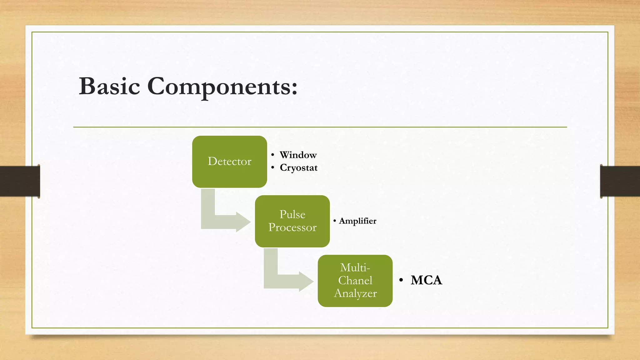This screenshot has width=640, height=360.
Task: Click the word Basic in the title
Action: pyautogui.click(x=109, y=86)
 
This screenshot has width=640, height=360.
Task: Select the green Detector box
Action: pyautogui.click(x=229, y=162)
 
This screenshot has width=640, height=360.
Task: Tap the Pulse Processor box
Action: pyautogui.click(x=292, y=221)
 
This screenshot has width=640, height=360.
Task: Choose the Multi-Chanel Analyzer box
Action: pyautogui.click(x=355, y=281)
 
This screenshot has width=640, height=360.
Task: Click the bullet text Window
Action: pyautogui.click(x=298, y=155)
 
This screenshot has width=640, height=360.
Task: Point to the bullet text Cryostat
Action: pyautogui.click(x=298, y=168)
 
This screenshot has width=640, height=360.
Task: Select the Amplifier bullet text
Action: pyautogui.click(x=357, y=221)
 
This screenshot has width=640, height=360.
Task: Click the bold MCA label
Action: pyautogui.click(x=426, y=280)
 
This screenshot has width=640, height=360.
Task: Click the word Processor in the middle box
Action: pyautogui.click(x=292, y=227)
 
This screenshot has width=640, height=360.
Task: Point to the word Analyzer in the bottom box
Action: pyautogui.click(x=355, y=293)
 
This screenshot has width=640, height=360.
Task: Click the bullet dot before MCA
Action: pyautogui.click(x=401, y=280)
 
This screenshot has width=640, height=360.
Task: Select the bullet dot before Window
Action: pyautogui.click(x=272, y=155)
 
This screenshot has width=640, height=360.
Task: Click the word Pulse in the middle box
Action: pyautogui.click(x=292, y=214)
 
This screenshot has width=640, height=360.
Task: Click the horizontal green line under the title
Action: pyautogui.click(x=320, y=127)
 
